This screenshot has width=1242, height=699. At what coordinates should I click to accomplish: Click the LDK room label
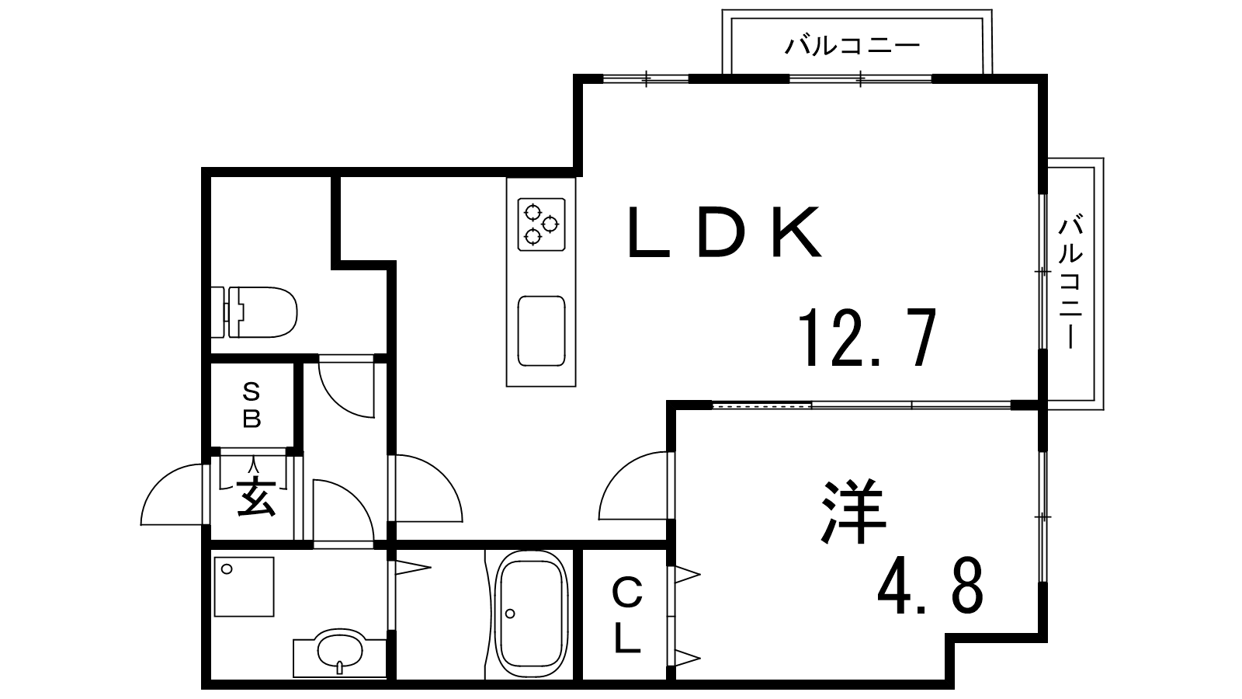pyautogui.click(x=723, y=232)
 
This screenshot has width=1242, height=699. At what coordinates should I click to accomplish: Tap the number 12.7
pyautogui.click(x=868, y=338)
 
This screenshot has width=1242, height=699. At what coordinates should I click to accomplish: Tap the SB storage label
pyautogui.click(x=252, y=407)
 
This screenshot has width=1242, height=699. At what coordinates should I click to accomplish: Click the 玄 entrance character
pyautogui.click(x=256, y=496)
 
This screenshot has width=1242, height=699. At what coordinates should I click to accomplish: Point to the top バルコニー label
pyautogui.click(x=852, y=45)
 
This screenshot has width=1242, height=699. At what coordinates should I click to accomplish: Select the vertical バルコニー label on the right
pyautogui.click(x=1070, y=283)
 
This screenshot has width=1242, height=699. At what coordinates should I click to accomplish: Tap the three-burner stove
pyautogui.click(x=541, y=224)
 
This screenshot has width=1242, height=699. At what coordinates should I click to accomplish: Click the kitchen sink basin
pyautogui.click(x=541, y=331)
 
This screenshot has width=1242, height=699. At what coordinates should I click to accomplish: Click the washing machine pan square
pyautogui.click(x=244, y=586)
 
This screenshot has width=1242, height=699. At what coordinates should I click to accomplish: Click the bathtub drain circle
pyautogui.click(x=510, y=614)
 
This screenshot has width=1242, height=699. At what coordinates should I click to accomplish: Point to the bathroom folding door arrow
pyautogui.click(x=412, y=567)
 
